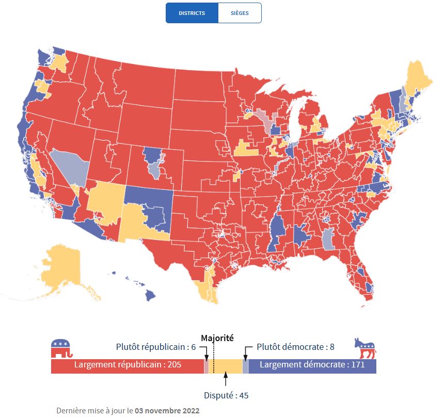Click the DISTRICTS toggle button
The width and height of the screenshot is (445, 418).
[x=192, y=13]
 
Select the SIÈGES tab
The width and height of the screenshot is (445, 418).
[x=240, y=13]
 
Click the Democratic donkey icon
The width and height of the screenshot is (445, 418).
[x=365, y=348]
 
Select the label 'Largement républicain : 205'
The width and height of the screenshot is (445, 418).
[x=128, y=365]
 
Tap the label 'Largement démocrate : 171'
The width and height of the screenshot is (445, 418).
[x=312, y=365]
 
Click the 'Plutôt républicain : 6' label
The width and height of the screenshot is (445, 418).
[x=156, y=347]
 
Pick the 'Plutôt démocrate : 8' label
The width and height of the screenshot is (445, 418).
[x=295, y=347]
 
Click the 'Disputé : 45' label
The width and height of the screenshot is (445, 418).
[x=226, y=395]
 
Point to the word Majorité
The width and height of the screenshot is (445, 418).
[x=217, y=338]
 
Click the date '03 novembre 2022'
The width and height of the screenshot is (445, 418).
[x=167, y=411]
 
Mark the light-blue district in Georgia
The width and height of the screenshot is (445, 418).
[x=327, y=239]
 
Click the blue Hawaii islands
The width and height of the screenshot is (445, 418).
[x=149, y=295]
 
